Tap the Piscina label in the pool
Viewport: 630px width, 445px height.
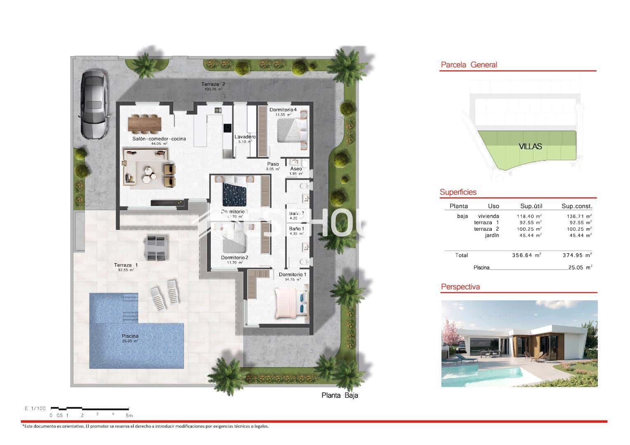(130, 336)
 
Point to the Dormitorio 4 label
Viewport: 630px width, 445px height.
(283, 110)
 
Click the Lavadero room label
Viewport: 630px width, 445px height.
(245, 137)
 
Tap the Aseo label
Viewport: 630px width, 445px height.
(296, 169)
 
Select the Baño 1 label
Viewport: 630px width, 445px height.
(296, 229)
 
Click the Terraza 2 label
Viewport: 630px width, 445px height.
(213, 84)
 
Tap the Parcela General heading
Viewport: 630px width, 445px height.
(469, 65)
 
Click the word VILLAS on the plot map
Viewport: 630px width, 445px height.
(530, 146)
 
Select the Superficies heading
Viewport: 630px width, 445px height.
(458, 192)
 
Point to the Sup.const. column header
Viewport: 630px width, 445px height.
(576, 206)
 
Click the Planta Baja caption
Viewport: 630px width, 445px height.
(340, 396)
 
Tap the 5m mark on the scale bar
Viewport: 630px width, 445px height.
(129, 415)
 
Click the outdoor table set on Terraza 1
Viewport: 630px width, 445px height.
(156, 248)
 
